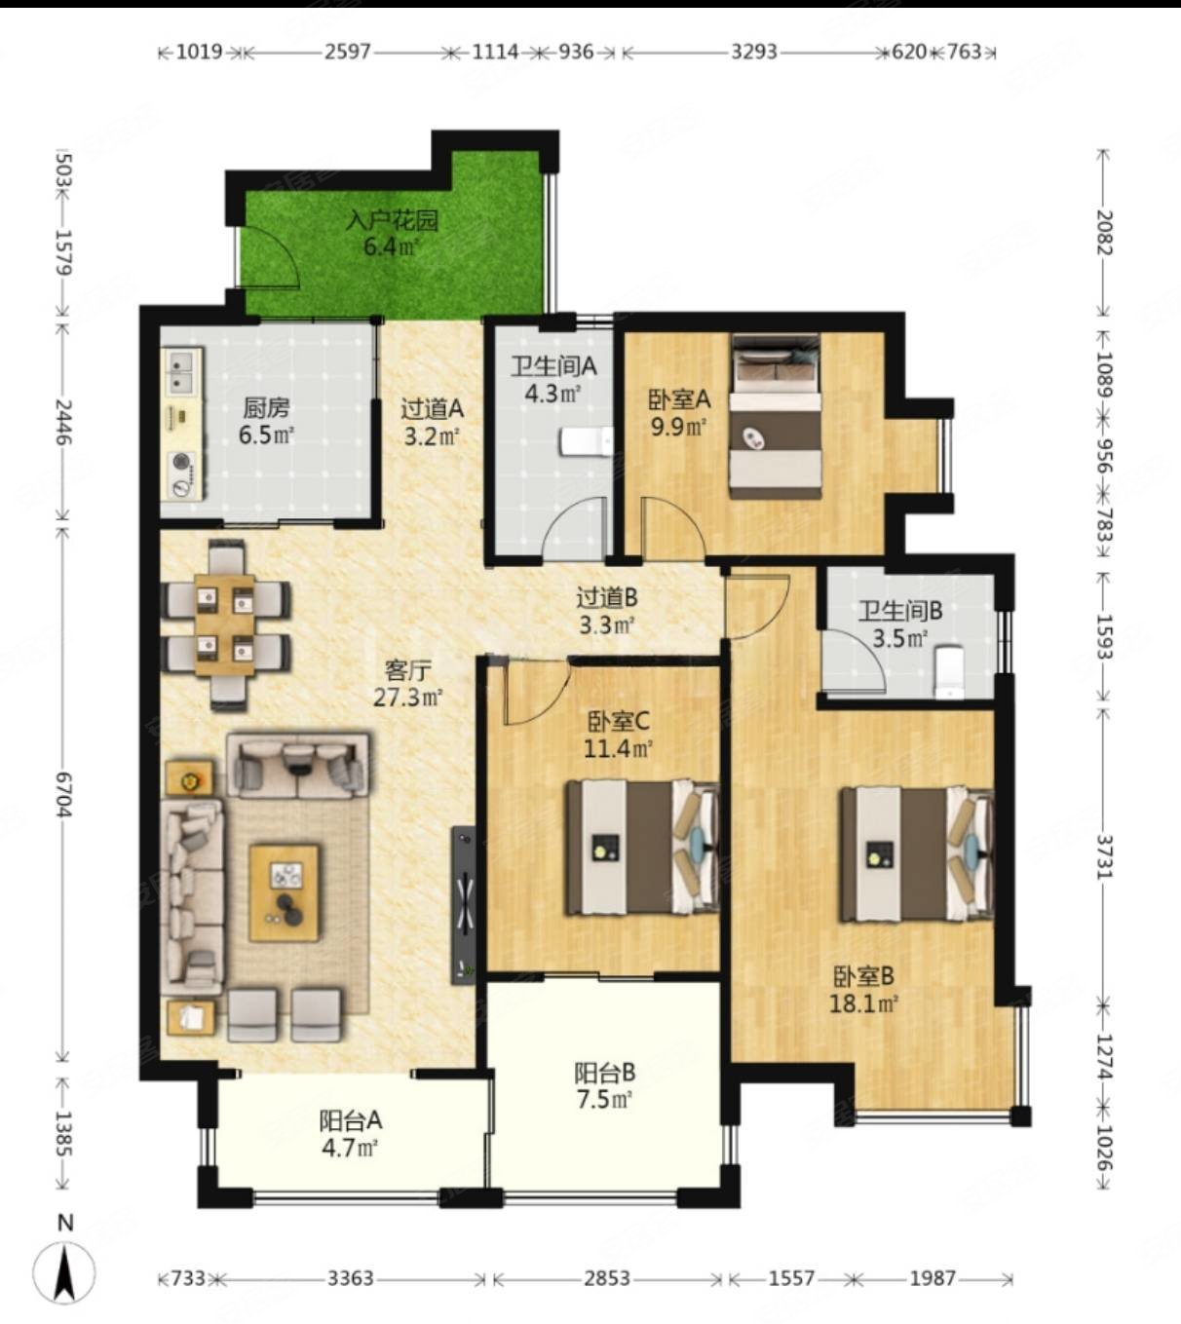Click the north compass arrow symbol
(x=64, y=1273)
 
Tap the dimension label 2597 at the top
(x=348, y=52)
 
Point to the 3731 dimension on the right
(x=1103, y=856)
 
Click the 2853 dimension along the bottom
(x=607, y=1277)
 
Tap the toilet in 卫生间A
(x=587, y=442)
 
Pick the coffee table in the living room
(x=285, y=892)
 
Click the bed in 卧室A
(x=776, y=417)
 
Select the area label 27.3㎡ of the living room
(x=408, y=698)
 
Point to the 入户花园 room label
(x=392, y=221)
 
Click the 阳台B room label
(x=605, y=1073)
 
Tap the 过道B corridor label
(x=607, y=596)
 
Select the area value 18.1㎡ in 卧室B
(x=863, y=1003)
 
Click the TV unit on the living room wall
(x=465, y=905)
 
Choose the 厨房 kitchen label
(x=266, y=408)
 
